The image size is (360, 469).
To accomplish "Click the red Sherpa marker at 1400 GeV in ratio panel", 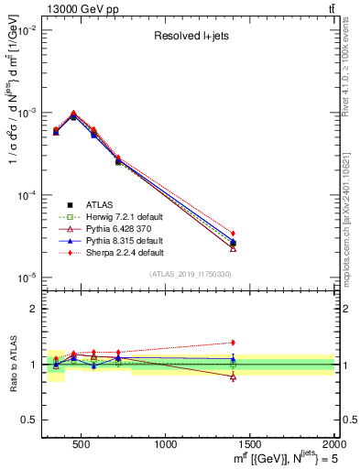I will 233,343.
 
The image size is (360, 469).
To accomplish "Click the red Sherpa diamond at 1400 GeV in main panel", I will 233,234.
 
